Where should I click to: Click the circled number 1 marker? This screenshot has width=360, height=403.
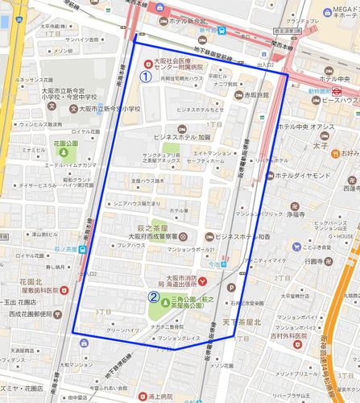click(x=146, y=77)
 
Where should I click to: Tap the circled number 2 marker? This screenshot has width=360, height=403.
click(x=153, y=295)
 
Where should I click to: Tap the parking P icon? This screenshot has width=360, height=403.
click(x=233, y=287)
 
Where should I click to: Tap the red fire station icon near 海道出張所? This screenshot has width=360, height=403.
click(x=202, y=280)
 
